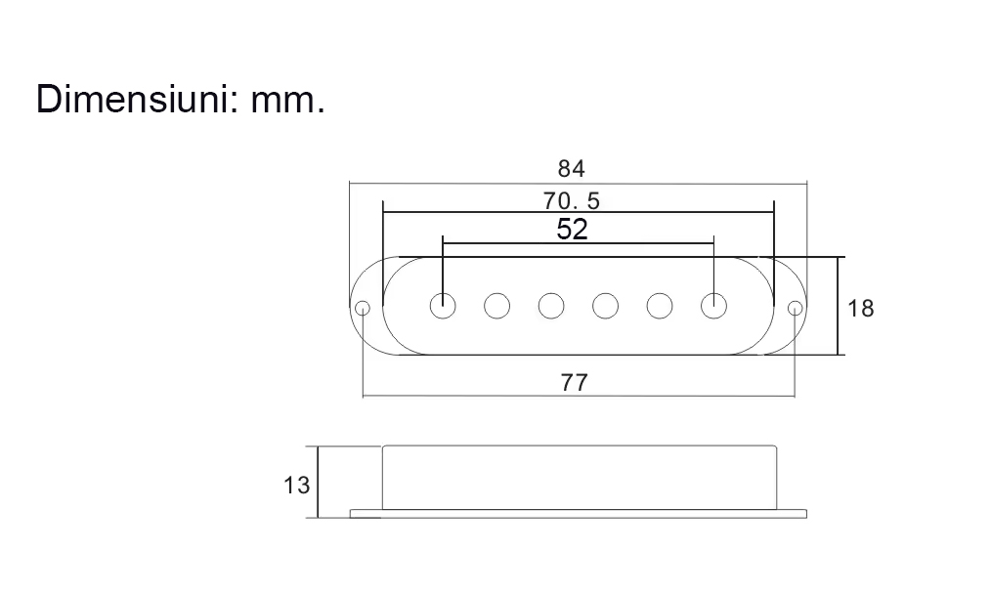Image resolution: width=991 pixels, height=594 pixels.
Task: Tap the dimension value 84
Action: tap(572, 169)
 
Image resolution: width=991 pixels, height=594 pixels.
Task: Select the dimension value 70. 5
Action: tap(572, 201)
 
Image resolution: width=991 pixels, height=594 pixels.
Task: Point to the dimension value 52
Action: tap(572, 230)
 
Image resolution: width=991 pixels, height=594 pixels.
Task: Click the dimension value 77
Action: tap(575, 383)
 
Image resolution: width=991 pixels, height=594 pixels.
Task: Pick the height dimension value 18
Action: tap(861, 309)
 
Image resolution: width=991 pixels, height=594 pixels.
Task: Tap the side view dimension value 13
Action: tap(296, 484)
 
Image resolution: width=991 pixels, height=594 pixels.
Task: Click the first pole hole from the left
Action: tap(443, 306)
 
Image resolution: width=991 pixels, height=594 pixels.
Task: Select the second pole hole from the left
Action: tap(497, 306)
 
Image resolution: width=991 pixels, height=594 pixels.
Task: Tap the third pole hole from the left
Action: tap(552, 306)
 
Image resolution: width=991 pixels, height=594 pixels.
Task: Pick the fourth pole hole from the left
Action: tap(606, 306)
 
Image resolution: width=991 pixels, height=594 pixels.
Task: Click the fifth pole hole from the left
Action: tap(661, 306)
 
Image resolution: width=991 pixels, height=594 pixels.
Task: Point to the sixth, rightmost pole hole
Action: tap(714, 306)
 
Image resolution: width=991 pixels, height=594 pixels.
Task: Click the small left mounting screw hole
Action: tap(363, 309)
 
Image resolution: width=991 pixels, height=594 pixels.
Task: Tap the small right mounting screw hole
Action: tap(795, 309)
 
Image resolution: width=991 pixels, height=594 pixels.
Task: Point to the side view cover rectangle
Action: tap(580, 477)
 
